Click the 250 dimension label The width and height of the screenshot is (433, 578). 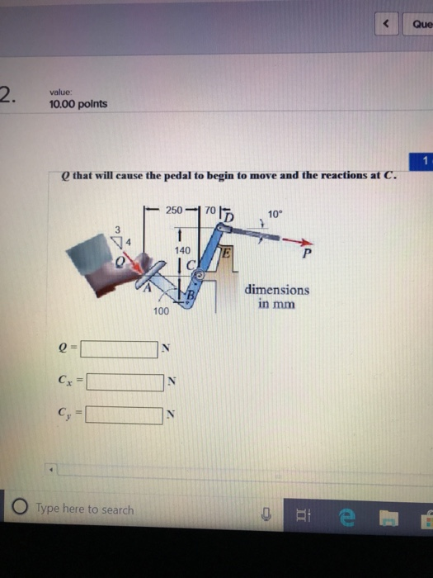(x=174, y=211)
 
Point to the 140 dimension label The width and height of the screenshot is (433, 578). (x=183, y=249)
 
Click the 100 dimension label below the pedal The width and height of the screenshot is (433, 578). (x=161, y=310)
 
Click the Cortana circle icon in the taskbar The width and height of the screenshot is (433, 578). (x=17, y=509)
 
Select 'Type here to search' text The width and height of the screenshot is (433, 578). (x=84, y=509)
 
